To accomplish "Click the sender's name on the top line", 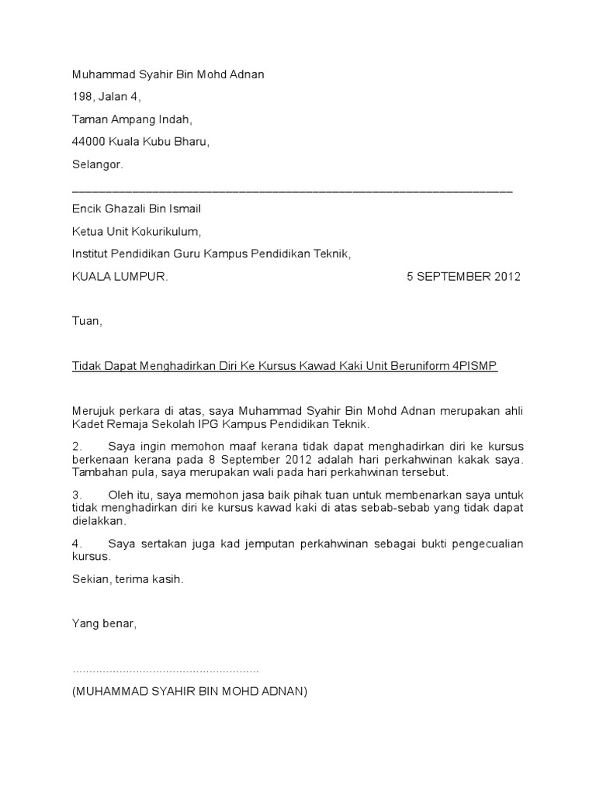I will [168, 74].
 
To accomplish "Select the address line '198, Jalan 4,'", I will [106, 97].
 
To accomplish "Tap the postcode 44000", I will [88, 142].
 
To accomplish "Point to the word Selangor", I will [97, 164].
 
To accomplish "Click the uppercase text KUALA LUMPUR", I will [120, 277].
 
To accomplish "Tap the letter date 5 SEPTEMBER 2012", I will [464, 277].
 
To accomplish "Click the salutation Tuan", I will [86, 321].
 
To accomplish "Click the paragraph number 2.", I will [76, 447].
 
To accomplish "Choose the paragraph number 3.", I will [76, 494].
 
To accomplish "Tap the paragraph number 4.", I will [76, 544].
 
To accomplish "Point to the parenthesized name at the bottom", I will [189, 691].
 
